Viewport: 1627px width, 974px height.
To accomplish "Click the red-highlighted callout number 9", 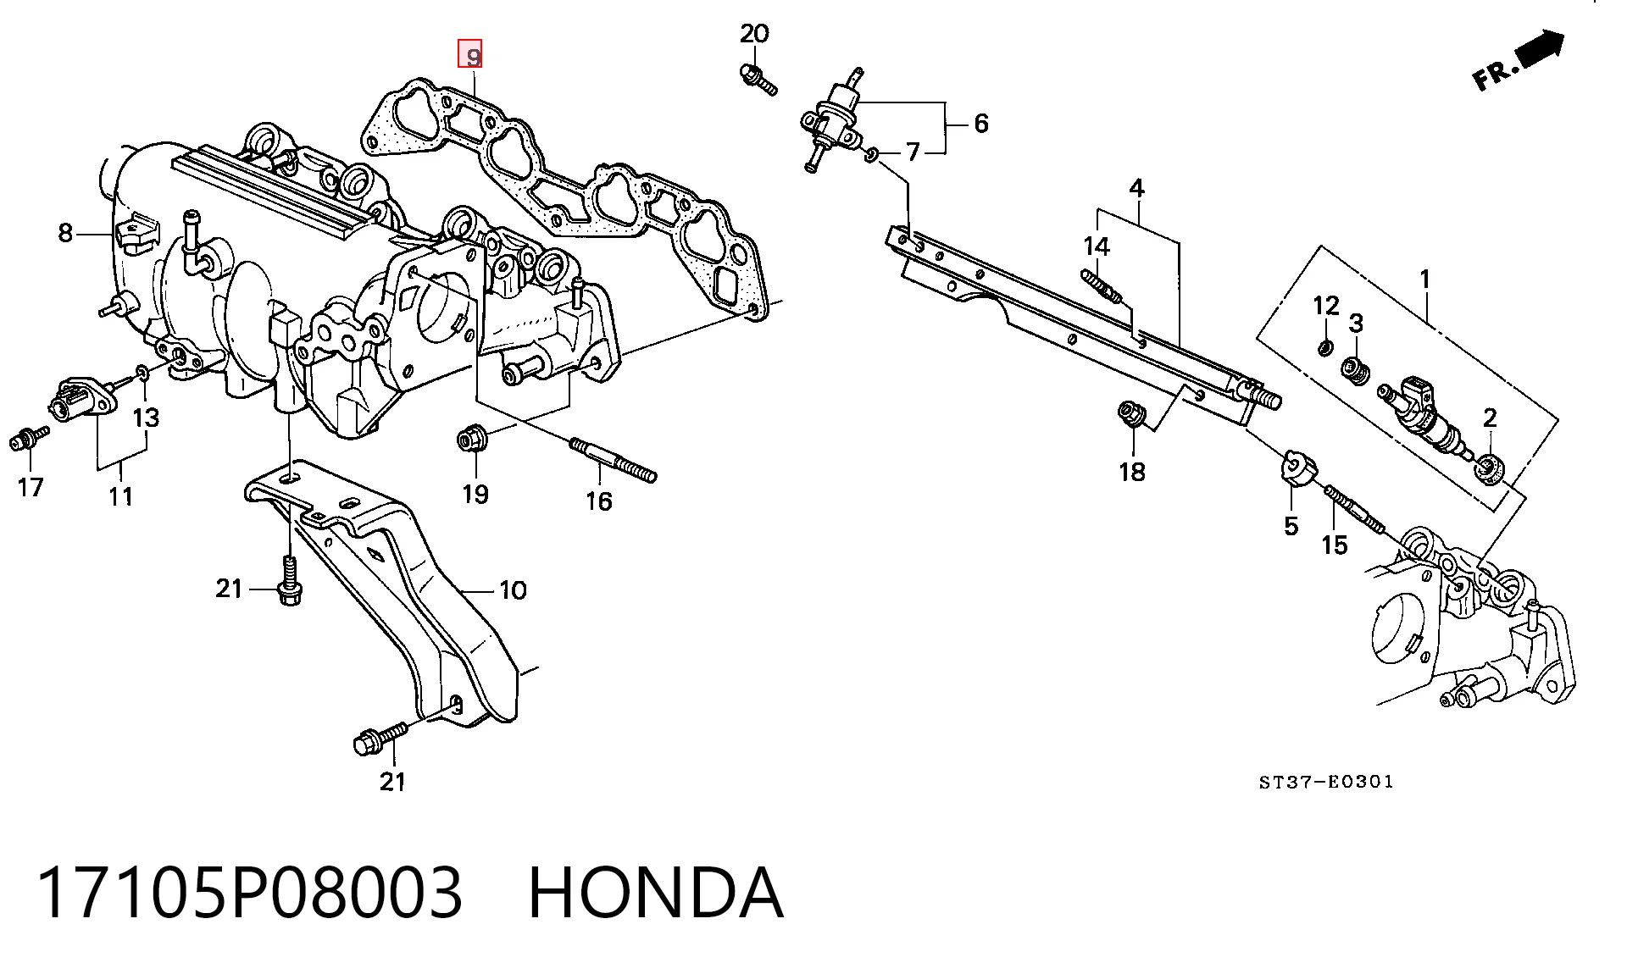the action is point(470,54).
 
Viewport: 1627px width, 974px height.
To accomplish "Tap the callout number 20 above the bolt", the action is point(754,34).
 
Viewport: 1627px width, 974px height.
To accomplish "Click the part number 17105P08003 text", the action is point(251,893).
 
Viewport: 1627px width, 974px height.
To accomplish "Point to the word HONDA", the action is point(656,893).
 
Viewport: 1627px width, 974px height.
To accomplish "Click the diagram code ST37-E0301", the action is point(1326,782).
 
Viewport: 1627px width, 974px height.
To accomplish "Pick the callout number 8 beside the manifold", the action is point(65,232).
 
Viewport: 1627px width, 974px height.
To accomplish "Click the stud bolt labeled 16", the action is point(614,460).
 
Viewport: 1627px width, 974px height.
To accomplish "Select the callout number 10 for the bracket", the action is point(513,589).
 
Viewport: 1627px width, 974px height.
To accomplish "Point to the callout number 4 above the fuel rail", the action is point(1136,187).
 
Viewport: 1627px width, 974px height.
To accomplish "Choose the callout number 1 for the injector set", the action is point(1424,279).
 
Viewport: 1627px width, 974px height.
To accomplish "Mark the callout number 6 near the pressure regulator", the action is point(980,124).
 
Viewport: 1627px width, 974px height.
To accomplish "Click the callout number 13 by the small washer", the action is point(146,417).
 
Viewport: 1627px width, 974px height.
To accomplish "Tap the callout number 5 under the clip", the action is point(1291,527).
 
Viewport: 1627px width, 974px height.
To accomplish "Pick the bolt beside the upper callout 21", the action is point(290,580).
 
